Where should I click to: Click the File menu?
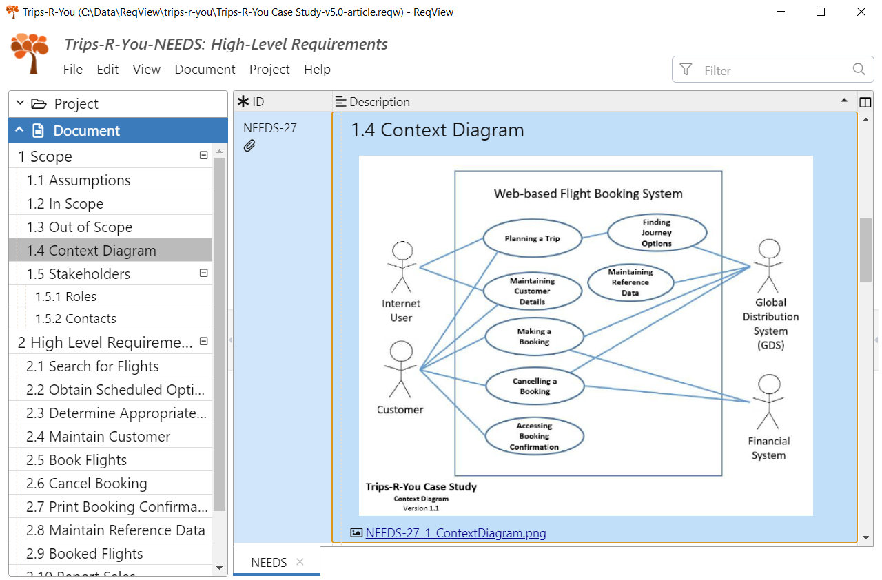point(72,70)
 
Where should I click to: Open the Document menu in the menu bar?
point(205,70)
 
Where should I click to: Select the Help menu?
point(317,70)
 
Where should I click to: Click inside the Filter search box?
point(772,70)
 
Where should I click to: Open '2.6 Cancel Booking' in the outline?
point(86,484)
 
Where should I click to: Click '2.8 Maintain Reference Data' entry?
point(115,530)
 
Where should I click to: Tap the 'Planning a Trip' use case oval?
point(532,239)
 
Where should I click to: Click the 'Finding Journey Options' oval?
point(656,233)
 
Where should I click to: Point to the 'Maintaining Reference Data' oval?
point(630,282)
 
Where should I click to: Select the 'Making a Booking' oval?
point(534,337)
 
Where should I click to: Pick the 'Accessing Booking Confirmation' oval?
point(534,437)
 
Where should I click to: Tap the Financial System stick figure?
point(768,402)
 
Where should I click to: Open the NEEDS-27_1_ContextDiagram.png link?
point(455,533)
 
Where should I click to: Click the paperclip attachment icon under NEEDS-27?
point(249,145)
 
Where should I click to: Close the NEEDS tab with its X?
point(300,562)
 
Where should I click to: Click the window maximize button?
point(821,12)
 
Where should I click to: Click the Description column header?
point(379,102)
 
